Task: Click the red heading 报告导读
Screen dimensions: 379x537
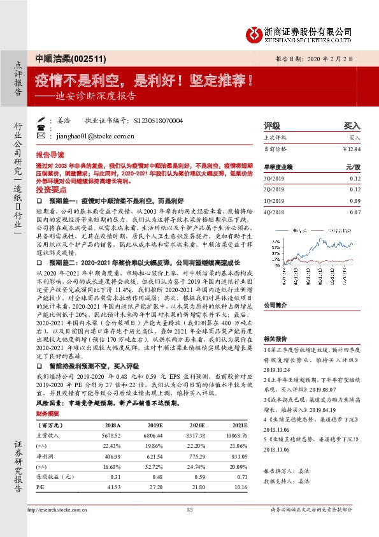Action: pyautogui.click(x=49, y=154)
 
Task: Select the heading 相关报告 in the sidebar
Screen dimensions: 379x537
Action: pyautogui.click(x=275, y=339)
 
